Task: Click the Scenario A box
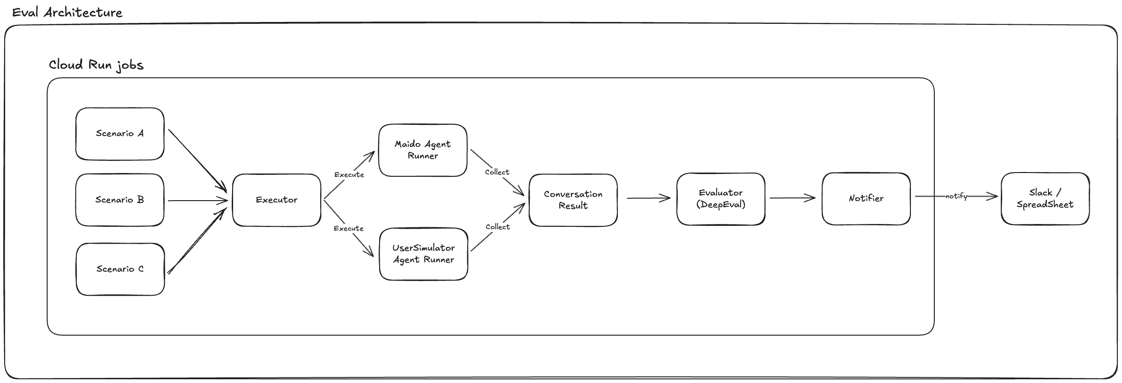120,134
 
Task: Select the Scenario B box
120,200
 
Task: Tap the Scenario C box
120,269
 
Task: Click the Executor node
277,200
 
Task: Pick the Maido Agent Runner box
423,150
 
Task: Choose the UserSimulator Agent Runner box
424,254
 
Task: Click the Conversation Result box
573,200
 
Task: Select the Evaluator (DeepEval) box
721,199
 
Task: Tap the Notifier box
866,199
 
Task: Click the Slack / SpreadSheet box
1045,199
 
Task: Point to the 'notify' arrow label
956,196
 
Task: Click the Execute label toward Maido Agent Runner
349,174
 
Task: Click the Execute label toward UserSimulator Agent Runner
349,228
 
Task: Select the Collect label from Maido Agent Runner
497,172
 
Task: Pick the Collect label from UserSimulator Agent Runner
498,227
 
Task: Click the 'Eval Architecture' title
67,13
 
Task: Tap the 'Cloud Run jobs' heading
96,65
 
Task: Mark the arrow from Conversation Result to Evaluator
649,198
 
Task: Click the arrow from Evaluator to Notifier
792,198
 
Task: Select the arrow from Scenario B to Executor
198,201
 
